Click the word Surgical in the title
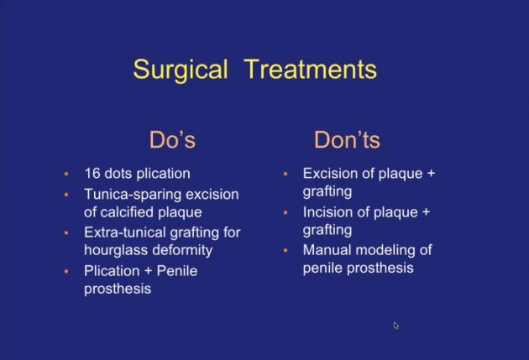pyautogui.click(x=181, y=70)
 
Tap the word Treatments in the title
pyautogui.click(x=311, y=69)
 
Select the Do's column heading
pyautogui.click(x=172, y=139)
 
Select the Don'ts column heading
pyautogui.click(x=347, y=139)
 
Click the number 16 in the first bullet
pyautogui.click(x=92, y=174)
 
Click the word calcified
pyautogui.click(x=127, y=212)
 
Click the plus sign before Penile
pyautogui.click(x=148, y=271)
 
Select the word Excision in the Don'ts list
pyautogui.click(x=330, y=174)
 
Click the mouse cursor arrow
pyautogui.click(x=395, y=326)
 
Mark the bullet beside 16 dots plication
pyautogui.click(x=66, y=174)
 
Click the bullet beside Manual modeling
pyautogui.click(x=285, y=250)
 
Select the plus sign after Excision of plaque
pyautogui.click(x=431, y=174)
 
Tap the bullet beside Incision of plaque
pyautogui.click(x=285, y=212)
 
